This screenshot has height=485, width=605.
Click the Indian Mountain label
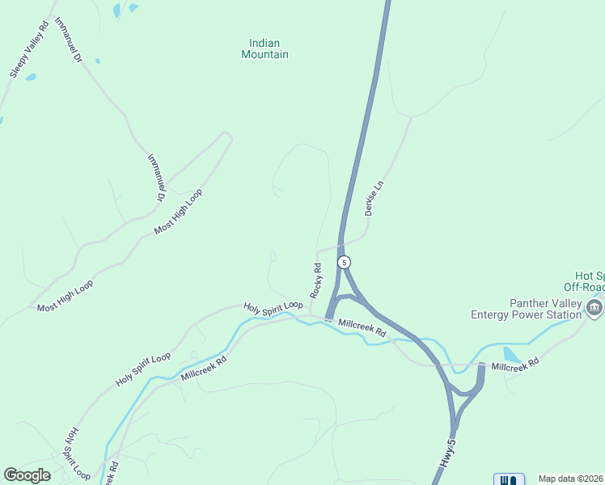264,48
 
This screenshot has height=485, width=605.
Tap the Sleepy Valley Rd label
30,49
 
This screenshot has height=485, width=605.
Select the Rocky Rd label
316,279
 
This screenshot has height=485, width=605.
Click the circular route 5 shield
345,262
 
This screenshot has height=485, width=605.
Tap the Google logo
27,475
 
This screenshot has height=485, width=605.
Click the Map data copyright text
571,479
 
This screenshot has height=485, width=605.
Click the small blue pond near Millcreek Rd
511,355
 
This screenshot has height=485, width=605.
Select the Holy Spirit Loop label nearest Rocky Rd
273,306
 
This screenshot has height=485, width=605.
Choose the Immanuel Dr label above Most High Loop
155,177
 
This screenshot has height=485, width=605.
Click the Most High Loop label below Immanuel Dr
178,212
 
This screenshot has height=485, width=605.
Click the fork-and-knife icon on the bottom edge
509,480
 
